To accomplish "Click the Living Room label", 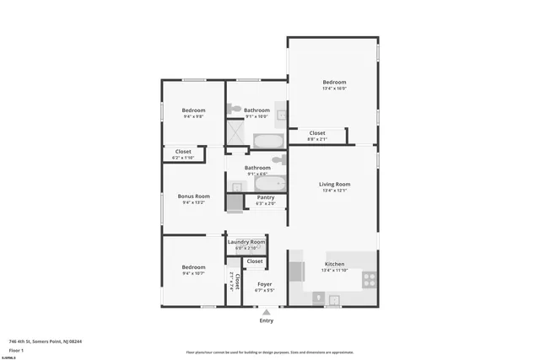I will coord(334,184).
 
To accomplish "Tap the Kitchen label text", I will coord(334,264).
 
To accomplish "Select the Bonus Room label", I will coord(193,196).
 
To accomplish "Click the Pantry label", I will coord(265,197).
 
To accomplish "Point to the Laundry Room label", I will coord(246,242).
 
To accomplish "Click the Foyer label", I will coord(264,284).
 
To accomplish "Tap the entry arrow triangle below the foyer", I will coord(267,312).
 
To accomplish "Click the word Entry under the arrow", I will coord(267,320).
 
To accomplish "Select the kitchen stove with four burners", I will coord(370,279).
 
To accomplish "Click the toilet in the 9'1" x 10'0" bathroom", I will coord(234,109).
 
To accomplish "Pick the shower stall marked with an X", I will coord(235,133).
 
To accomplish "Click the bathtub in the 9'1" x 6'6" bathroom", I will coord(270,184).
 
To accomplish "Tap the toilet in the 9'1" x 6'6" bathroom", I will coord(278,159).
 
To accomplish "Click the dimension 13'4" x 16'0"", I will coord(334,88).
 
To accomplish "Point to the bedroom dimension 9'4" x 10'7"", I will coord(193,273).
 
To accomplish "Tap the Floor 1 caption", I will coord(16,349).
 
